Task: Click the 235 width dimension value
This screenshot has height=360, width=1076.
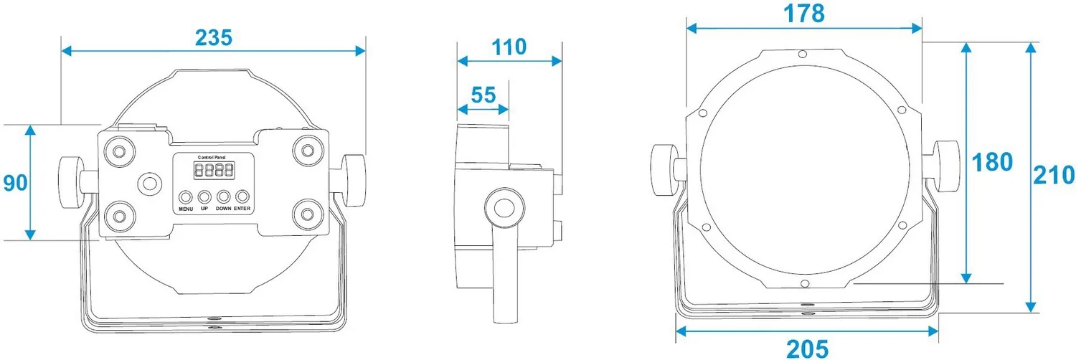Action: tap(214, 38)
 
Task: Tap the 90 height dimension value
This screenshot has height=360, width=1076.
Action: tap(15, 184)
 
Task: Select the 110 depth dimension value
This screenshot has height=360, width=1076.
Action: tap(509, 47)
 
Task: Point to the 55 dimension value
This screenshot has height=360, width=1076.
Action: tap(483, 95)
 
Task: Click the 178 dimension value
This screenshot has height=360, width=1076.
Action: tap(804, 14)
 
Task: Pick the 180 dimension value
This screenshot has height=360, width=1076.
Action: tap(992, 162)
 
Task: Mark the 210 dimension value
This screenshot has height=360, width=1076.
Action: tap(1054, 175)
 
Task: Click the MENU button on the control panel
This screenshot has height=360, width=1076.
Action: tap(186, 196)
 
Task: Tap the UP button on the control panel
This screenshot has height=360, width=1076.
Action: tap(204, 196)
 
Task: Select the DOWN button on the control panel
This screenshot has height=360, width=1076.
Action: tap(223, 196)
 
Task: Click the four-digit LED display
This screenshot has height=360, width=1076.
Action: tap(214, 170)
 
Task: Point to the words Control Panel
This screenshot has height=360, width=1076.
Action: tap(212, 157)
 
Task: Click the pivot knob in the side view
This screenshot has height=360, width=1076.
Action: tap(504, 208)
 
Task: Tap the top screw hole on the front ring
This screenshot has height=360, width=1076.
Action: tap(803, 54)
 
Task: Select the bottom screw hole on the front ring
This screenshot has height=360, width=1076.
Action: tap(806, 284)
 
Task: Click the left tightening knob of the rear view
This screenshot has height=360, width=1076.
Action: tap(70, 182)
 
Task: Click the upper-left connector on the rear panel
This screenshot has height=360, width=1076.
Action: tap(118, 151)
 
